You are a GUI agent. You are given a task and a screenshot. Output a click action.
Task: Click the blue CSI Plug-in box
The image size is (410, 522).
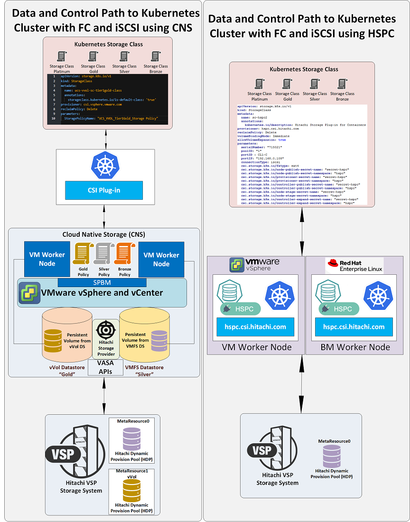point(104,190)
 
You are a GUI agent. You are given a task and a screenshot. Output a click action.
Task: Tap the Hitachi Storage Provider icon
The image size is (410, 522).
point(105,329)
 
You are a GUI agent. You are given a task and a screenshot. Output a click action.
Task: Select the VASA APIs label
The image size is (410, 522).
point(105,366)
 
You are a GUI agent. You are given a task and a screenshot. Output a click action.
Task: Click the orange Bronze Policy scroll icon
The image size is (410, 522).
point(125,253)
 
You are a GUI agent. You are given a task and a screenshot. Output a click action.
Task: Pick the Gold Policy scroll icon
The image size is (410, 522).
point(84,253)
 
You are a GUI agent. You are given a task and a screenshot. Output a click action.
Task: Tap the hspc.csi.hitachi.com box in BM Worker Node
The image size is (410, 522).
point(354,326)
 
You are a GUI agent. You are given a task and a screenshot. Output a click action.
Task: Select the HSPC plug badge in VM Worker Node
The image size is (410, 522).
point(240,308)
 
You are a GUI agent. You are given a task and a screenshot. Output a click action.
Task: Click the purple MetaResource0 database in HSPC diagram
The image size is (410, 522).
point(332,457)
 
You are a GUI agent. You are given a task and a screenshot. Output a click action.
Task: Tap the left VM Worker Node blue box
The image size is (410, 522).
point(47,259)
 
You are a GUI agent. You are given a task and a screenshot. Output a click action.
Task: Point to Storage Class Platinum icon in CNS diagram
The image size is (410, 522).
point(61,56)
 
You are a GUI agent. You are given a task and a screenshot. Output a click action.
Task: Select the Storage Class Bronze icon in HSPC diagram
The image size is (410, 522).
point(343,84)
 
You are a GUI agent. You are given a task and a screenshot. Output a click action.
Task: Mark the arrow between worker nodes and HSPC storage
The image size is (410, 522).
point(301,384)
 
